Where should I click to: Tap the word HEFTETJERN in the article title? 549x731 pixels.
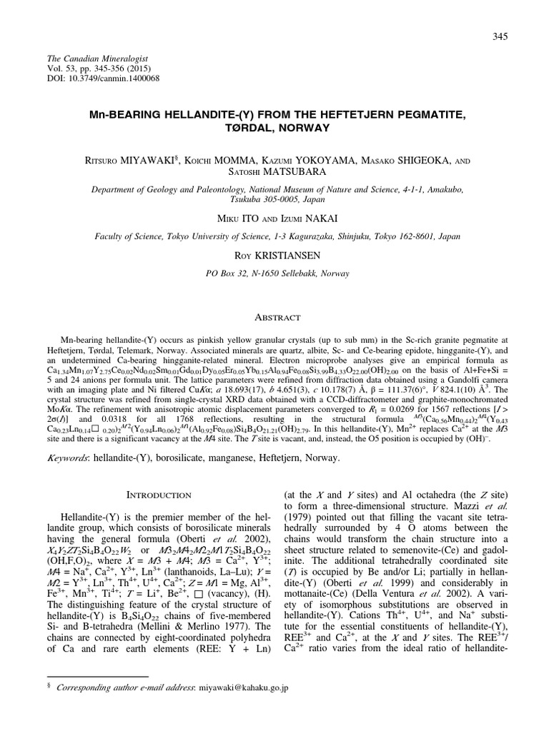click(356, 114)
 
